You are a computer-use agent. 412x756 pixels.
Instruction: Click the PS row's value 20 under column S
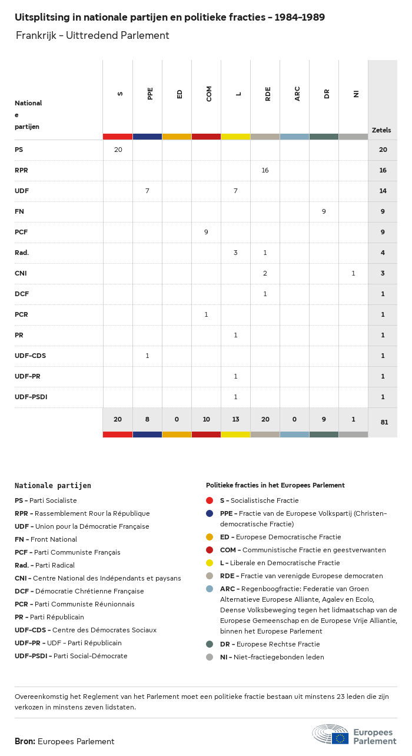point(118,150)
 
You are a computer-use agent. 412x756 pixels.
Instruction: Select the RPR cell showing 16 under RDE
point(265,170)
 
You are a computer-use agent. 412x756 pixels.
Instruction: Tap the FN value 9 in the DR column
point(324,211)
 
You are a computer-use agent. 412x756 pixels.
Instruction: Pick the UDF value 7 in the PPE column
point(147,191)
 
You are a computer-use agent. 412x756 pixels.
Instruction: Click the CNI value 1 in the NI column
point(353,273)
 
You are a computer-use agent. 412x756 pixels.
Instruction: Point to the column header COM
point(209,94)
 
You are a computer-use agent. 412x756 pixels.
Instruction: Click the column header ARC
point(297,94)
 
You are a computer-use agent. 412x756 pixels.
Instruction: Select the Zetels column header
point(381,130)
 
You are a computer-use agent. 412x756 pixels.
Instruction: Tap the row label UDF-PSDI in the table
point(31,397)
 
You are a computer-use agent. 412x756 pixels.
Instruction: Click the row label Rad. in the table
point(22,253)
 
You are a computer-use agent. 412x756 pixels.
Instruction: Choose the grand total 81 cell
point(383,422)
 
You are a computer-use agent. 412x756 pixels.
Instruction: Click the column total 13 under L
point(235,419)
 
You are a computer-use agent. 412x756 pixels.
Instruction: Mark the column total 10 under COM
point(206,419)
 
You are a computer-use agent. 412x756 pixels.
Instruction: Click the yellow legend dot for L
point(210,563)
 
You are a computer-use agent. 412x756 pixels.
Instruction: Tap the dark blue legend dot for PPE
point(210,513)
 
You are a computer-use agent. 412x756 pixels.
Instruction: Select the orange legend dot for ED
point(210,537)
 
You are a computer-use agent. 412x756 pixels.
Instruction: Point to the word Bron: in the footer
point(25,741)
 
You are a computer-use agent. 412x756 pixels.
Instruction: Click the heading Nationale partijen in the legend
point(53,486)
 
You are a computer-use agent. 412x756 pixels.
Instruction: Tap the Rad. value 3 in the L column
point(235,253)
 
